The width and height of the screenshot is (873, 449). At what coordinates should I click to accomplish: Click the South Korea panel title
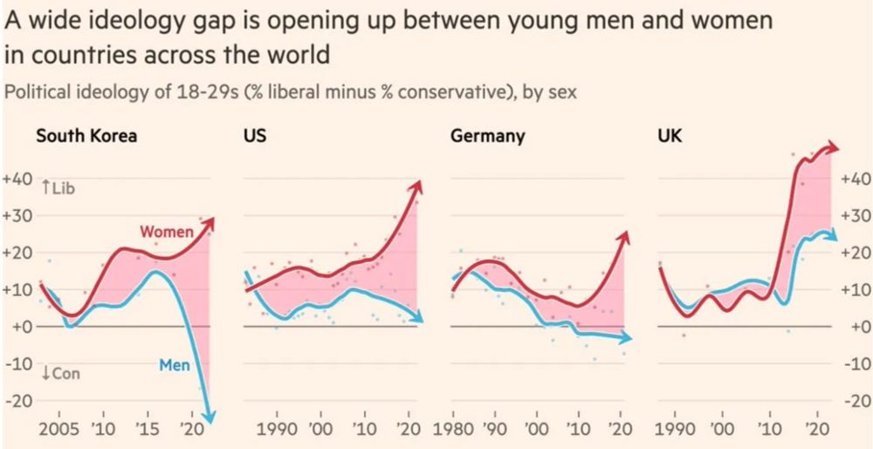coord(86,136)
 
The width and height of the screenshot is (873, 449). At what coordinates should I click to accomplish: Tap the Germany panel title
coord(487,136)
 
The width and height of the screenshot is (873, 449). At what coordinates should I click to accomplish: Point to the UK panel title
coord(670,136)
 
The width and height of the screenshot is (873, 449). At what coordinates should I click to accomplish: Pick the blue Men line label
coord(175,364)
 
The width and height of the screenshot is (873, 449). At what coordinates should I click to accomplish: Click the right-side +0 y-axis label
coord(852,327)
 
